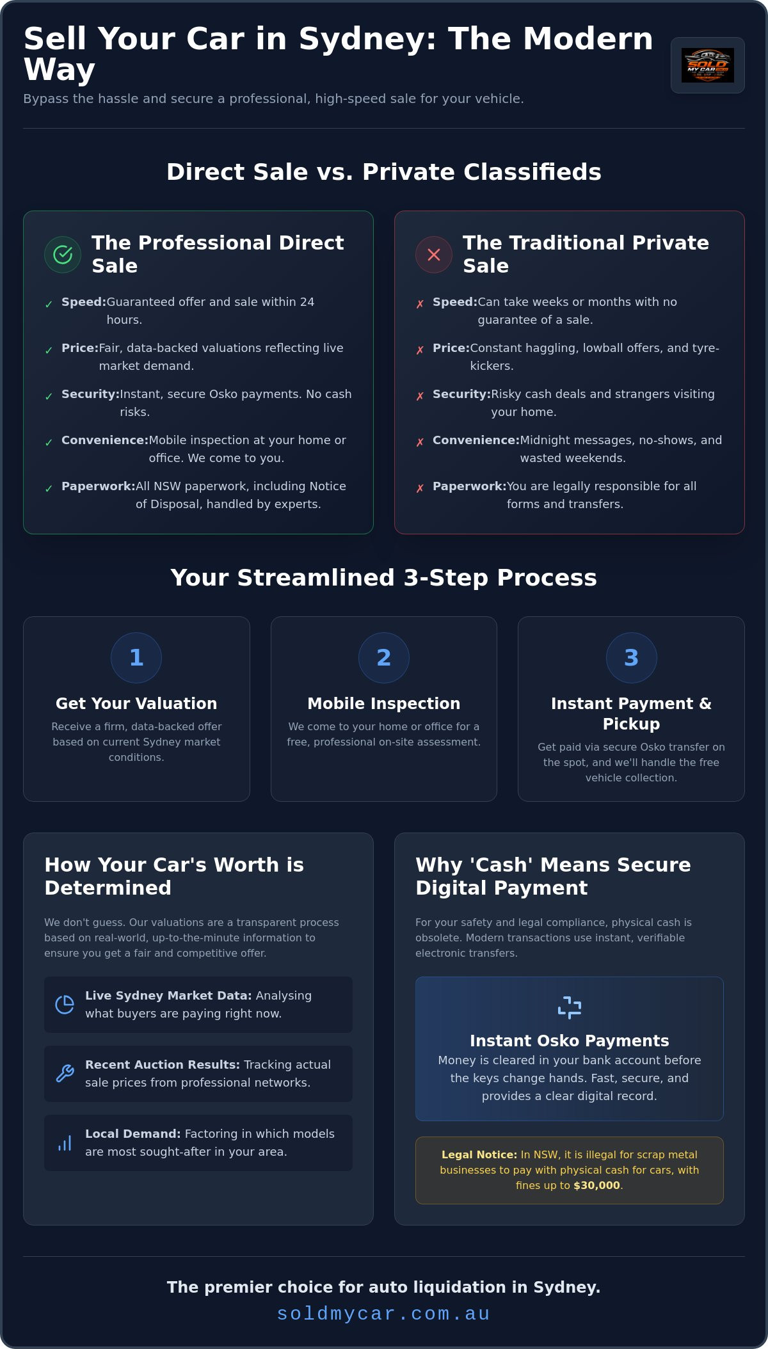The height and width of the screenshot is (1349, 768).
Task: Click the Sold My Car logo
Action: coord(707,65)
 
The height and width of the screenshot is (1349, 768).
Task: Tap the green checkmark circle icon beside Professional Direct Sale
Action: coord(63,255)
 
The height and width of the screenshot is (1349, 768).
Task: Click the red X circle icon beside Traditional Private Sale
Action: coord(434,255)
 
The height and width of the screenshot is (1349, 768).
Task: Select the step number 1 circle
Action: coord(136,658)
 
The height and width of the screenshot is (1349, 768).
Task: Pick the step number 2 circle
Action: coord(384,658)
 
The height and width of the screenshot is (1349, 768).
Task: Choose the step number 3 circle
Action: coord(631,658)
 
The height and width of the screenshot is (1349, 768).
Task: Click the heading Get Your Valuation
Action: coord(136,703)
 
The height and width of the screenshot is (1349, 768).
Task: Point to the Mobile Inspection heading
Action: coord(384,703)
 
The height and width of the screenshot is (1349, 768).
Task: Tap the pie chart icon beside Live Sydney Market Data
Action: coord(65,1005)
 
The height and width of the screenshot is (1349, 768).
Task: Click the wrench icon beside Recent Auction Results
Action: coord(65,1074)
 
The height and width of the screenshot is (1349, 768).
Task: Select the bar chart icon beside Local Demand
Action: coord(65,1143)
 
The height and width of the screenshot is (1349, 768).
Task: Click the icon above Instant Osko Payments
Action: coord(570,1007)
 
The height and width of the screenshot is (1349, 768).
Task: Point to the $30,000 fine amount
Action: coord(596,1185)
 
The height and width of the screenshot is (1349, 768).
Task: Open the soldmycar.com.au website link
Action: coord(384,1314)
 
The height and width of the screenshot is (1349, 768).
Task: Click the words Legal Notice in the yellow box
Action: coord(479,1154)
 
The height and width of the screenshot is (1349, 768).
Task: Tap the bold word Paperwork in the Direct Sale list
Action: coord(99,486)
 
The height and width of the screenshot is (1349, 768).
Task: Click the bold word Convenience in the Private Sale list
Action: coord(476,440)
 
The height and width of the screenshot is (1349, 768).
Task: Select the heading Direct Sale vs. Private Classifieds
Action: coord(384,172)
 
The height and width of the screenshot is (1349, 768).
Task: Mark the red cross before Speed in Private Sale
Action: coord(420,304)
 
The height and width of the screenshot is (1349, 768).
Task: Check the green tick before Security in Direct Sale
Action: coord(49,396)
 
